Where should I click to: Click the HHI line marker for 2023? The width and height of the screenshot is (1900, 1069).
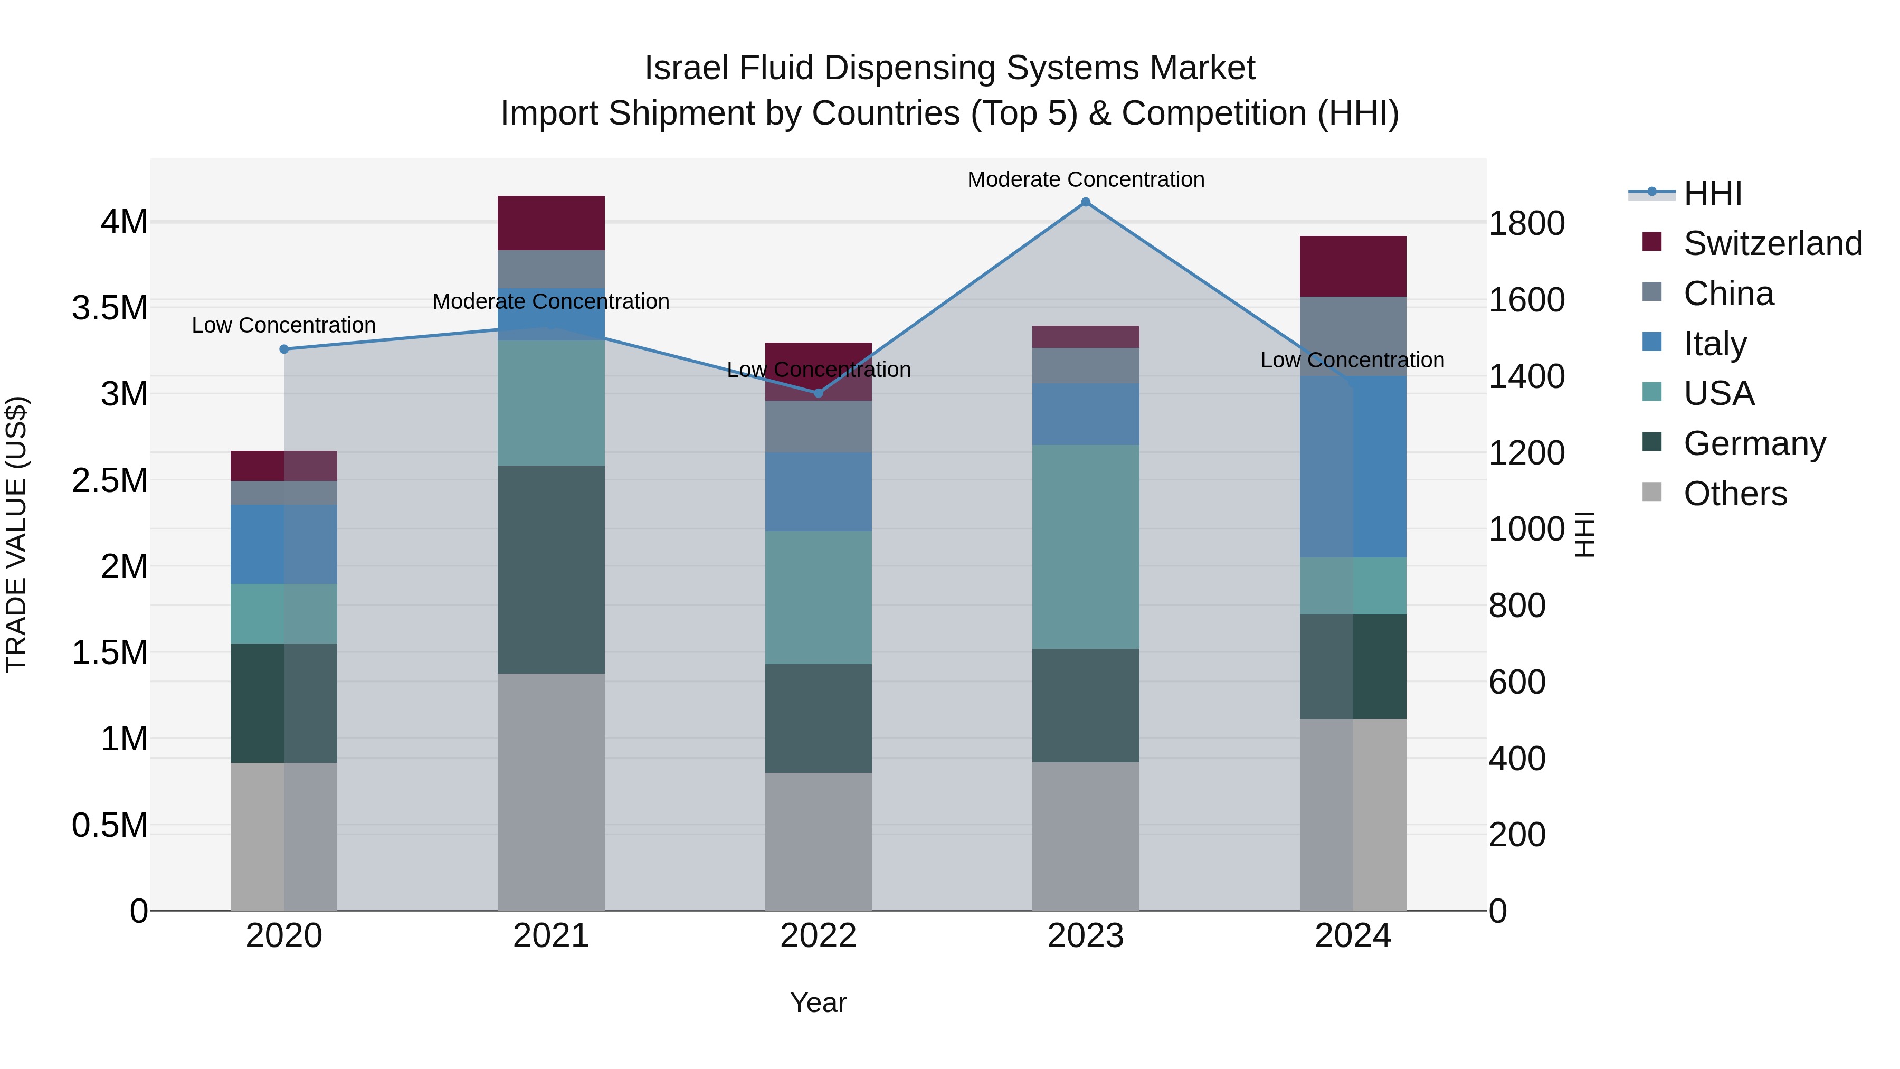[x=1085, y=202]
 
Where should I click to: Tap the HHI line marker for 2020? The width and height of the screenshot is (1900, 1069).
[x=284, y=349]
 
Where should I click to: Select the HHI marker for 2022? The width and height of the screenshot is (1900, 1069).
[x=818, y=393]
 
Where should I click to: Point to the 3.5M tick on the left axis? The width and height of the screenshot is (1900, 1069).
[x=110, y=308]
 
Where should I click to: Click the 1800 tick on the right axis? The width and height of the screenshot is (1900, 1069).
[x=1526, y=223]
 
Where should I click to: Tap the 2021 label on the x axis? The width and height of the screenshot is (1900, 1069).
[x=551, y=936]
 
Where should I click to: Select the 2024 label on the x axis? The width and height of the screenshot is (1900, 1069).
[x=1353, y=936]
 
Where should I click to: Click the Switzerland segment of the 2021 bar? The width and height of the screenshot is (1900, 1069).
[x=551, y=223]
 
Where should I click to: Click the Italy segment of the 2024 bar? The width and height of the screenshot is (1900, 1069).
[x=1353, y=466]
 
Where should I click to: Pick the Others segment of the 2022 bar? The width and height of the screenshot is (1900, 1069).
[x=818, y=841]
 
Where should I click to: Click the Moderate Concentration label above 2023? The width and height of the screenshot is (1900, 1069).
[x=1085, y=179]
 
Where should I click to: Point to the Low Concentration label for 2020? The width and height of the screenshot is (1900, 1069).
[x=284, y=325]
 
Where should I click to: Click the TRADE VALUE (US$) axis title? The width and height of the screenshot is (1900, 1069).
[x=16, y=534]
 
